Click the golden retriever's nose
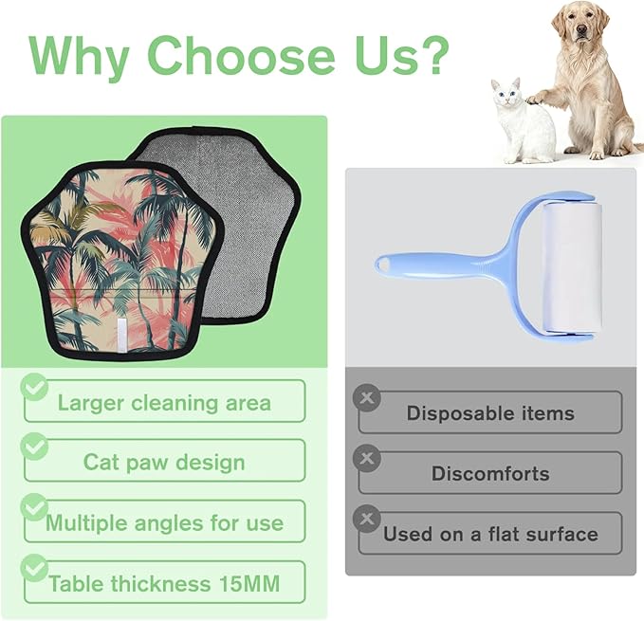(580, 29)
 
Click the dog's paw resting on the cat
(534, 99)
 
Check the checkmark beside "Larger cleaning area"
(34, 387)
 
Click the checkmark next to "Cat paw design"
(34, 447)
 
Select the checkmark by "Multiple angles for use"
(34, 507)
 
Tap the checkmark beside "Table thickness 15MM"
(34, 568)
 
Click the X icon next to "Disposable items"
(367, 397)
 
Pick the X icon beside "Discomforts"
(367, 458)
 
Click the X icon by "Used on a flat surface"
(367, 519)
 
